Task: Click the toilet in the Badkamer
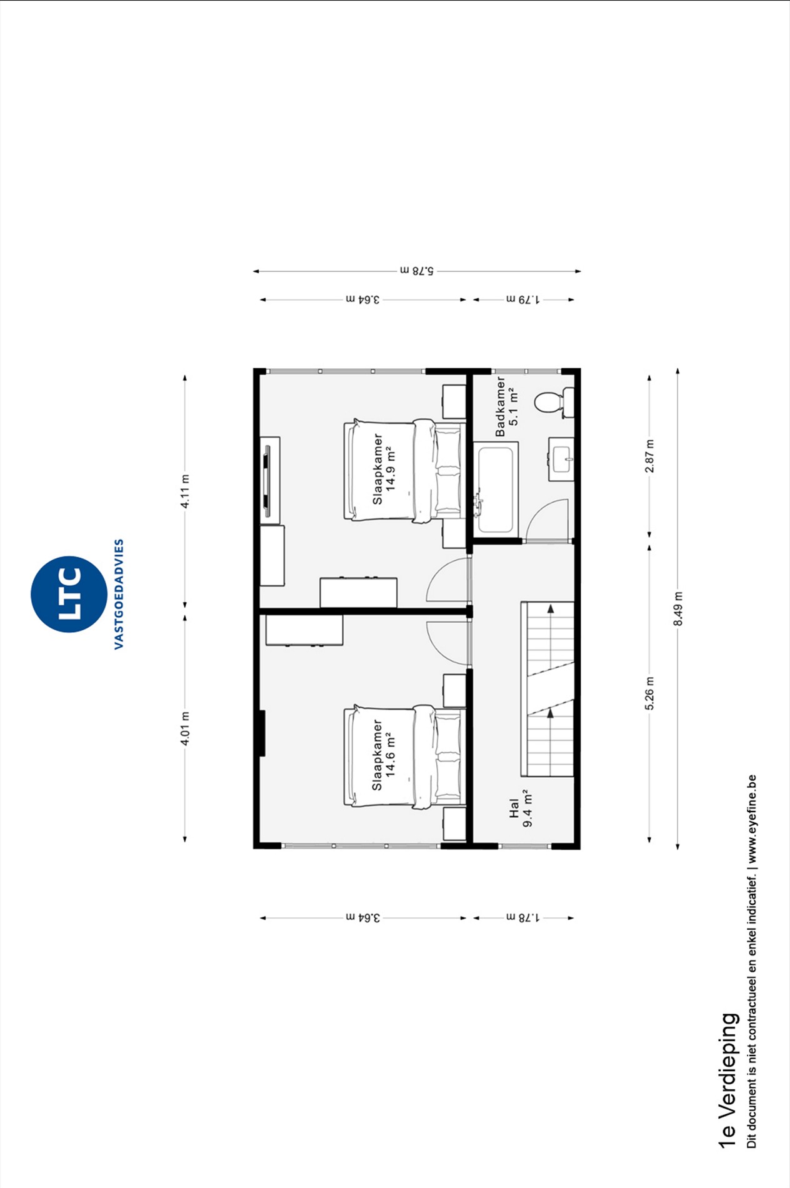[554, 402]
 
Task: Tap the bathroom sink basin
[561, 459]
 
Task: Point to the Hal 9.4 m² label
[521, 808]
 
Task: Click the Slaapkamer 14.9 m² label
[384, 469]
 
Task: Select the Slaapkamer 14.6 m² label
[384, 755]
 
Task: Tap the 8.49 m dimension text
[678, 608]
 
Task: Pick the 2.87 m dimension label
[649, 456]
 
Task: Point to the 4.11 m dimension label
[185, 491]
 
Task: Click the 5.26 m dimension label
[649, 693]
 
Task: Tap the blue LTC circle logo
[69, 594]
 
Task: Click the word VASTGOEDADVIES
[119, 594]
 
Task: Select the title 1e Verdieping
[727, 1080]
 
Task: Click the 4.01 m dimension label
[185, 728]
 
